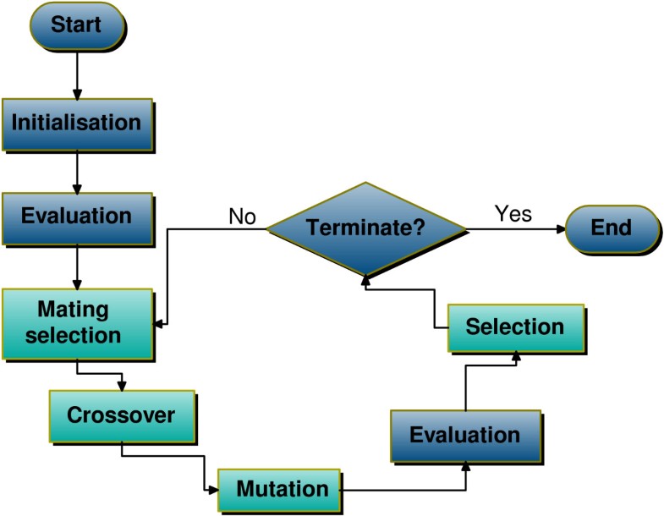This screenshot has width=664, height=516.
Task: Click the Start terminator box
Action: coord(75,25)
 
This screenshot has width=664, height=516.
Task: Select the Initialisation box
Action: coord(76,123)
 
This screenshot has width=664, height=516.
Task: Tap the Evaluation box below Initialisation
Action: coord(76,216)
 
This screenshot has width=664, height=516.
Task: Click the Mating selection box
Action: coord(77,322)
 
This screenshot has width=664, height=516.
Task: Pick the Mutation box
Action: coord(282,488)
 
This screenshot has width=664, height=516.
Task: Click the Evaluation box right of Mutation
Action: coord(464,436)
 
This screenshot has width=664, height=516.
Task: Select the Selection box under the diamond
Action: coord(514,327)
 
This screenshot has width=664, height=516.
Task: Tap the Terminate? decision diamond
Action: coord(365,228)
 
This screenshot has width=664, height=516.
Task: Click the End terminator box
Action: coord(611,228)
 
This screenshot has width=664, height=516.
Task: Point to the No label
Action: coord(242,217)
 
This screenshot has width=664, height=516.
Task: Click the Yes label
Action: coord(513,213)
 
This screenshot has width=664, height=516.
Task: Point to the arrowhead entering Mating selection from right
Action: coord(160,323)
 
